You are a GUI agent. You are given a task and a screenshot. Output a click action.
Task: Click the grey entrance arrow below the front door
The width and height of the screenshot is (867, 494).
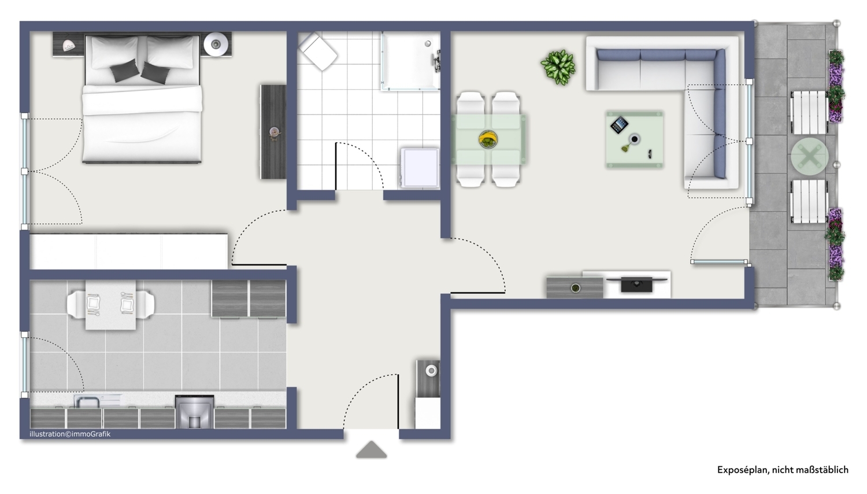(371, 450)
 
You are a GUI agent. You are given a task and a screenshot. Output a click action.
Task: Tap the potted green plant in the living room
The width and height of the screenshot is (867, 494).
(558, 67)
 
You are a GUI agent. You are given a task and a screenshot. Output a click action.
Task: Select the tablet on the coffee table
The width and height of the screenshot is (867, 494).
(619, 125)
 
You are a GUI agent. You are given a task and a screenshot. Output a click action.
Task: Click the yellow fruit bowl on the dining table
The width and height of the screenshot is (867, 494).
(488, 139)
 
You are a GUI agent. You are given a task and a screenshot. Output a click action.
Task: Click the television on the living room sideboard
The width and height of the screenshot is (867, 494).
(637, 285)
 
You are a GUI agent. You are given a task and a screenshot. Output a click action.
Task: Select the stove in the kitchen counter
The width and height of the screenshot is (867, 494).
(194, 411)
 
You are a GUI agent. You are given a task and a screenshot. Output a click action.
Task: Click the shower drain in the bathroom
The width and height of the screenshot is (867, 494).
(428, 44)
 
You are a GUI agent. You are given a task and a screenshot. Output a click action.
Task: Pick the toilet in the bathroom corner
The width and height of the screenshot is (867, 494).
(318, 52)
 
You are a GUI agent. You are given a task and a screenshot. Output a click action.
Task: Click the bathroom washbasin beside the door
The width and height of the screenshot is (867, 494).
(420, 168)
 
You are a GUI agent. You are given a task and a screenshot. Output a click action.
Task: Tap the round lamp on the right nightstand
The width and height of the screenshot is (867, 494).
(216, 45)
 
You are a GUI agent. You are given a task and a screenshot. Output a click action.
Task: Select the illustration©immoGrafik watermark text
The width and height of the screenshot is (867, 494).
(70, 434)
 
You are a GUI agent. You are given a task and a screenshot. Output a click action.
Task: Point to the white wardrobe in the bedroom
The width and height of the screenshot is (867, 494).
(129, 251)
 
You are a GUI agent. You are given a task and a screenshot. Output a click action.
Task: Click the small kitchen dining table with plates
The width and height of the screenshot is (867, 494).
(111, 305)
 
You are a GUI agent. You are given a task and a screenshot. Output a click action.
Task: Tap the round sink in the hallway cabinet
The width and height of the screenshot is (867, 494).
(431, 371)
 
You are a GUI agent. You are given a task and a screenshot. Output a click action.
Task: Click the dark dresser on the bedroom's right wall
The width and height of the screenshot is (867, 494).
(273, 132)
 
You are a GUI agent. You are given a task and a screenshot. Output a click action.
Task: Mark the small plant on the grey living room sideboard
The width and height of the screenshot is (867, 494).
(576, 288)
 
